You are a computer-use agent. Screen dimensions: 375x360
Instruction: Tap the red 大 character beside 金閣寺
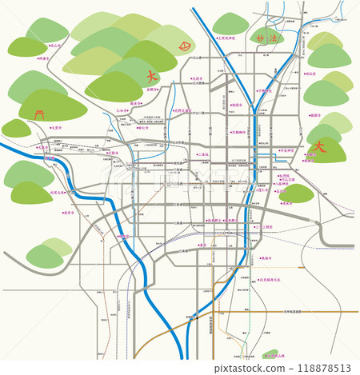coord(150,77)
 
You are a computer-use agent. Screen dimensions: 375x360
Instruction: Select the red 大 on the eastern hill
coord(320,147)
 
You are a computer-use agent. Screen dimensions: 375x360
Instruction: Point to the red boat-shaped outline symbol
coord(186,46)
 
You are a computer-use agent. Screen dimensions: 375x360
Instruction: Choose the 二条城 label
coord(202,154)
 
